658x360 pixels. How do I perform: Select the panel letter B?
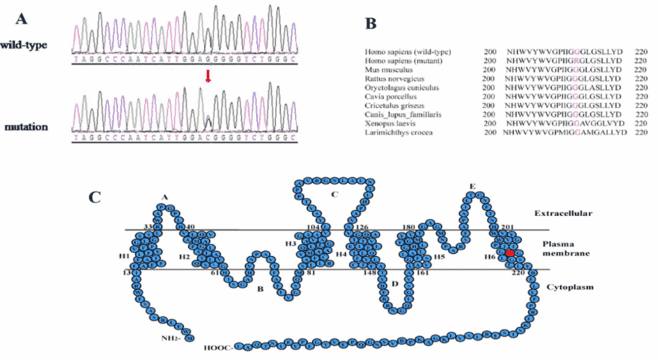pos(371,22)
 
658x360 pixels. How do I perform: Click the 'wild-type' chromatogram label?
pos(24,45)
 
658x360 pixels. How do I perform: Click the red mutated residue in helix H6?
pos(509,254)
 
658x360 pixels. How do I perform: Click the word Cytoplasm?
pos(570,287)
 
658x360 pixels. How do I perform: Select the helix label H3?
pos(291,244)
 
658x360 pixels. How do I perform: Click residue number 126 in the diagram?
pos(361,227)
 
